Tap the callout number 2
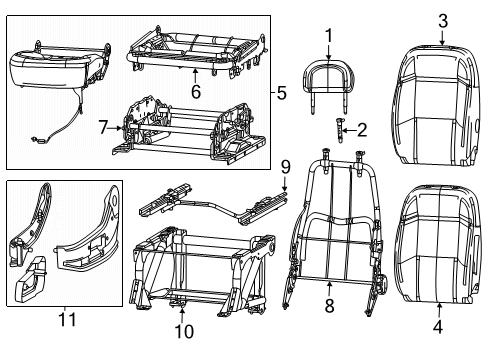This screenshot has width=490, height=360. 362,128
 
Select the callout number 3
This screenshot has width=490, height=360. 442,19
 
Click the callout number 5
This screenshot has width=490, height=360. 281,95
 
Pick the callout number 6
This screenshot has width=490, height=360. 196,91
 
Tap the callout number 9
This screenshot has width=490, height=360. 284,166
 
